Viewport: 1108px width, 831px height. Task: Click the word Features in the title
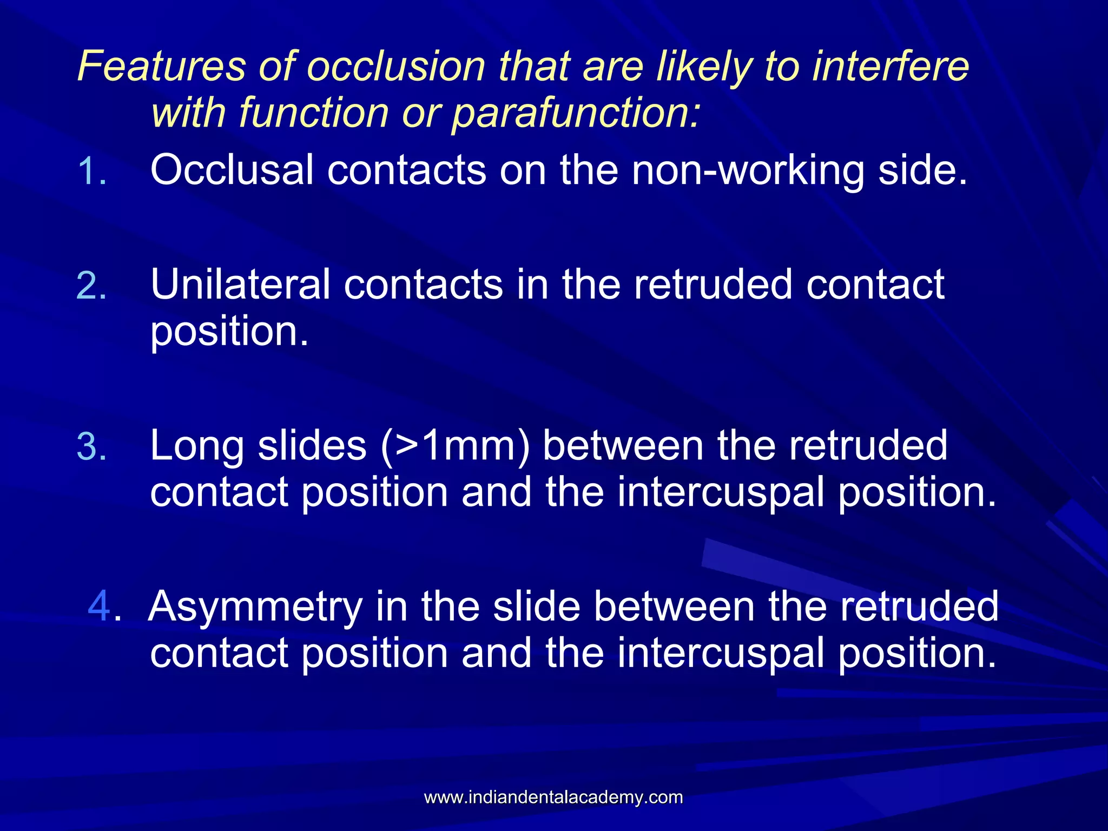(x=162, y=67)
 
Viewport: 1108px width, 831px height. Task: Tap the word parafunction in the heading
(x=576, y=113)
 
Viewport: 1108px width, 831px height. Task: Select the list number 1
(x=92, y=172)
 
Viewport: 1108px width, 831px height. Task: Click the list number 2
(x=91, y=286)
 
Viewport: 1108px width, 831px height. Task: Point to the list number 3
(x=91, y=447)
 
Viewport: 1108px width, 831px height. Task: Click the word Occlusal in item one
(x=232, y=170)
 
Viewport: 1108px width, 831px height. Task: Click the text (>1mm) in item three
(x=455, y=447)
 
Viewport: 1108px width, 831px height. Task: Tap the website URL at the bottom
(x=553, y=797)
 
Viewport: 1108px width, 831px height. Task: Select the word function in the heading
(x=313, y=113)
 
